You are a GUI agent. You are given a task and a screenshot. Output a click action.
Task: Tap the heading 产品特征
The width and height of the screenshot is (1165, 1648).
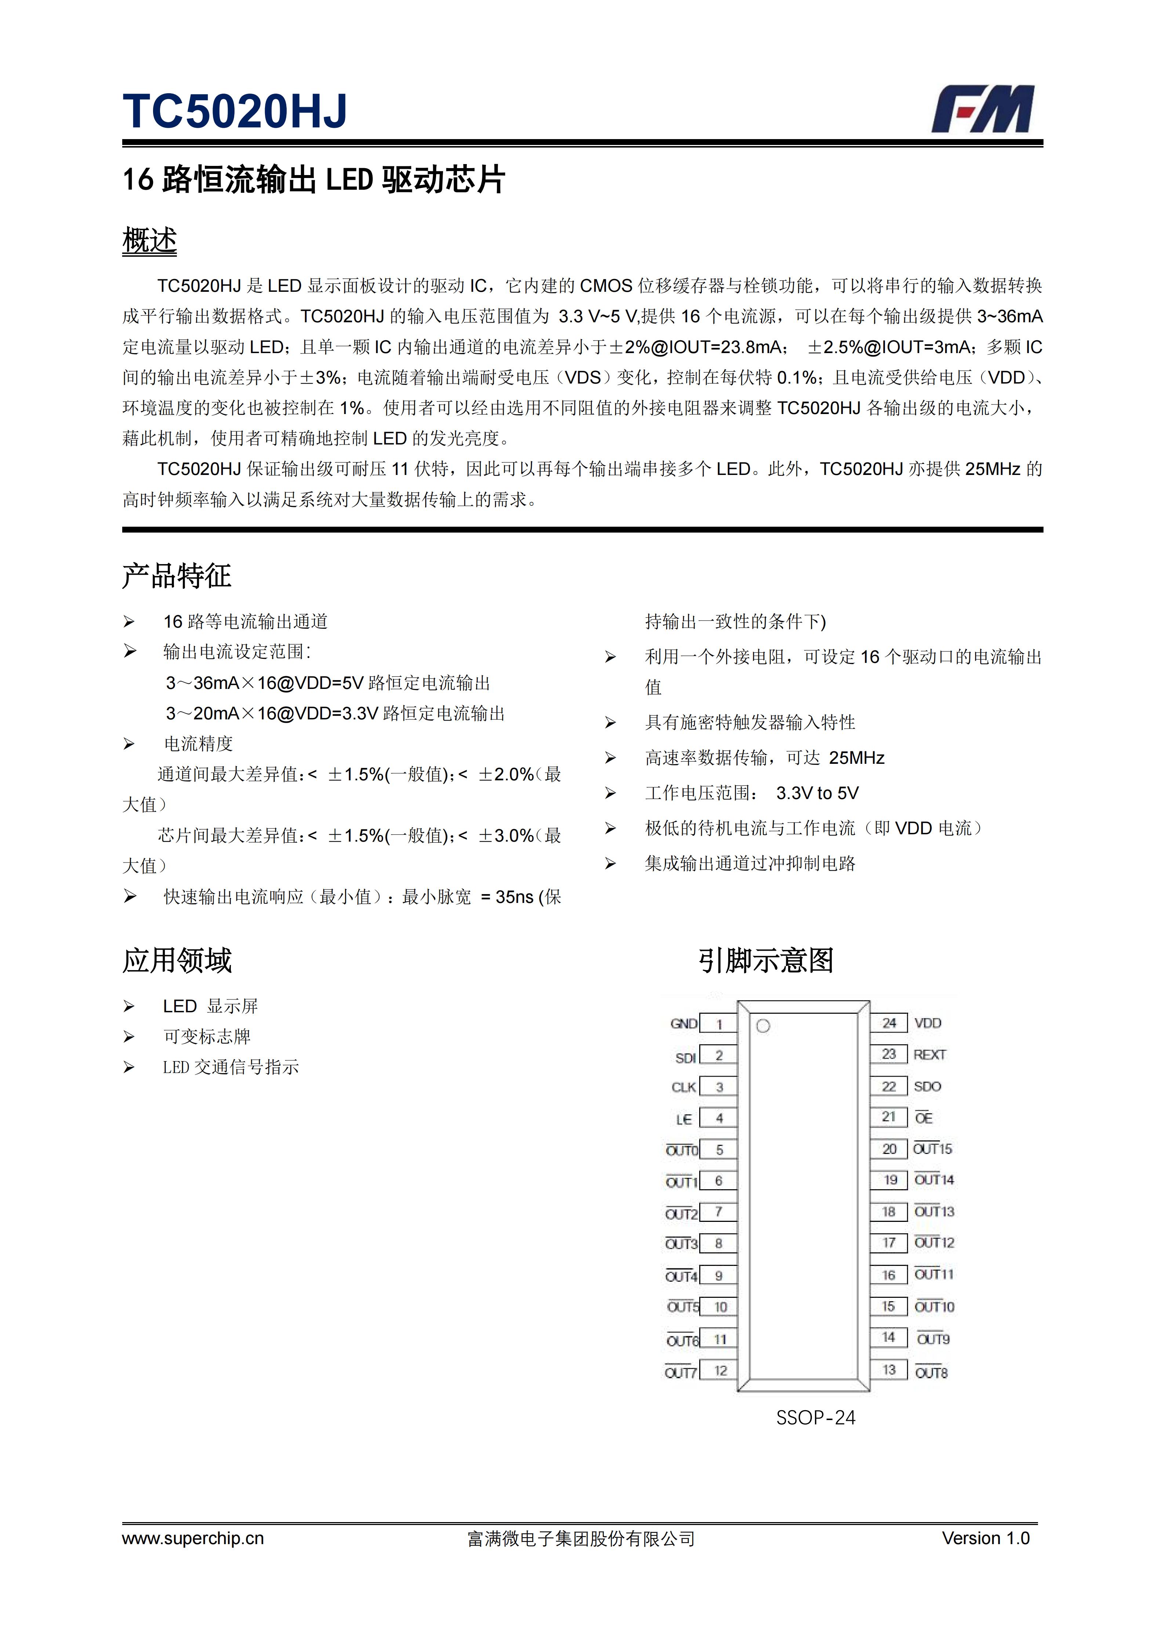177,576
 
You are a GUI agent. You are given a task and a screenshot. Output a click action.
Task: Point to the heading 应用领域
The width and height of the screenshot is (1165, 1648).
177,961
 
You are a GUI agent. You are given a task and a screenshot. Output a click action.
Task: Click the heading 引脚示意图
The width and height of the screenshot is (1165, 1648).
765,961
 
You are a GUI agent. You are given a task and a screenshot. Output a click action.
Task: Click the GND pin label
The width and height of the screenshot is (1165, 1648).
683,1024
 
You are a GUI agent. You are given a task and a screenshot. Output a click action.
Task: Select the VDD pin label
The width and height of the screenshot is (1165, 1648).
928,1023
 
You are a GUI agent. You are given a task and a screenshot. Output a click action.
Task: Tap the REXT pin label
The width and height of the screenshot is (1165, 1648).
930,1054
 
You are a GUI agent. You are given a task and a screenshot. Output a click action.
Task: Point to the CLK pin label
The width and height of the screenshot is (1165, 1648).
683,1087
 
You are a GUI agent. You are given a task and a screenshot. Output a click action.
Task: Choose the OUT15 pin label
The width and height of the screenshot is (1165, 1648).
932,1149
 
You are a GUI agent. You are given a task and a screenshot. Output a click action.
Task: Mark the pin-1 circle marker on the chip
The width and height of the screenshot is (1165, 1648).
763,1026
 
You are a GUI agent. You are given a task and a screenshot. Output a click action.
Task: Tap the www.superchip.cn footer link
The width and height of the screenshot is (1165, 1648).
192,1538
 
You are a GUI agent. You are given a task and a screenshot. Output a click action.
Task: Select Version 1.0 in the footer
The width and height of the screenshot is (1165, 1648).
986,1538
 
